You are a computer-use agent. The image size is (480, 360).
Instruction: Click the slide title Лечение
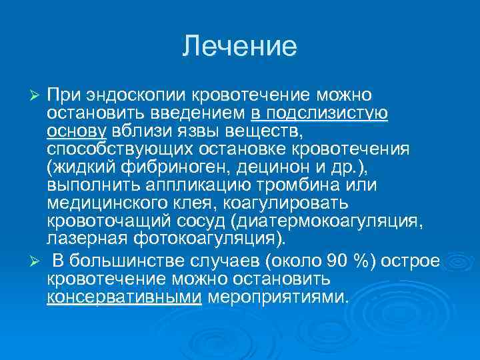point(239,47)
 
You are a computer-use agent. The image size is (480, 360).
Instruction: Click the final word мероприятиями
point(278,295)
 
